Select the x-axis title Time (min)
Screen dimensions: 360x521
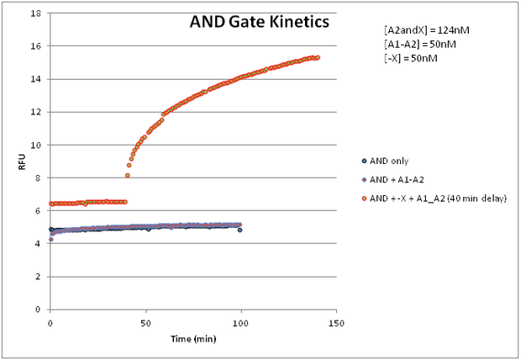[x=192, y=337]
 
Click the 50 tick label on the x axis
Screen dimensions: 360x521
[x=145, y=322]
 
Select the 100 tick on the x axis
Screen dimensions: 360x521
[x=241, y=322]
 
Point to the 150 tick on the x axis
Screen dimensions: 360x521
[x=336, y=322]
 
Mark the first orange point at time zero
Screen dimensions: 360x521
[x=50, y=204]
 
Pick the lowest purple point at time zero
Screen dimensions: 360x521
[x=50, y=240]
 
